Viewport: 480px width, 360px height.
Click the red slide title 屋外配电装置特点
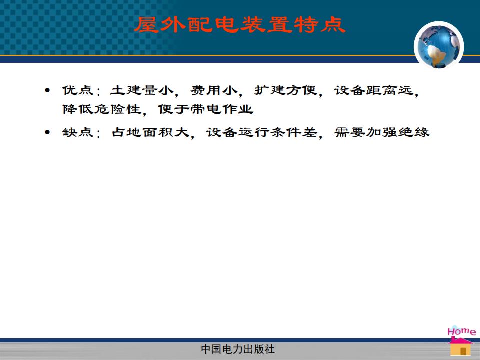240,25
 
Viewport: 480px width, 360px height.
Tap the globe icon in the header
439,46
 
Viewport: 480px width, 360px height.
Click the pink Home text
461,331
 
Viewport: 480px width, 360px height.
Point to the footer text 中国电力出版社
238,349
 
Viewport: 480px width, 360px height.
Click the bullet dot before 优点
47,90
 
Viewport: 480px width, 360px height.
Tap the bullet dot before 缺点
47,132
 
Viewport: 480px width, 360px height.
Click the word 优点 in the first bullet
78,90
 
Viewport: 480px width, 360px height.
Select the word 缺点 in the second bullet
78,132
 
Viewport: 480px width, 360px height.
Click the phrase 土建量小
141,90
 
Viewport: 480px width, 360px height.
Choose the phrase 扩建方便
285,90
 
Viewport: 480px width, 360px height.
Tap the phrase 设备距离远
374,90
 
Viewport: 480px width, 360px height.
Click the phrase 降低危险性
101,109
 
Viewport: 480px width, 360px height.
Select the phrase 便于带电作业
205,109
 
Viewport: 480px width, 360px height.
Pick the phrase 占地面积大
150,132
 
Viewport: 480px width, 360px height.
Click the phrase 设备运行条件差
261,132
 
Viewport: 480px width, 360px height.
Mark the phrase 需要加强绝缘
382,132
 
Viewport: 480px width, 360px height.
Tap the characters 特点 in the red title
320,25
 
